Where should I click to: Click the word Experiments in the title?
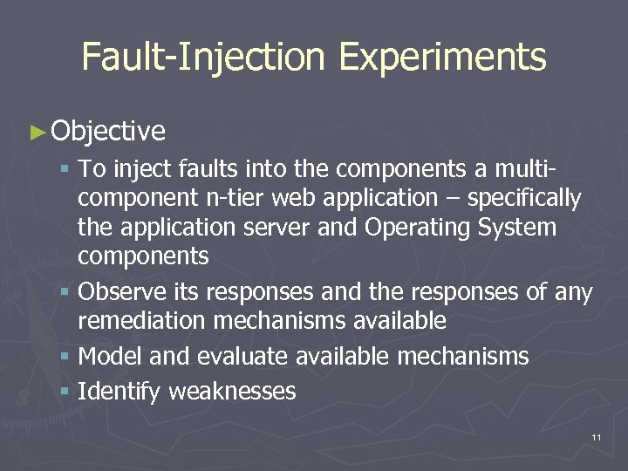(x=442, y=58)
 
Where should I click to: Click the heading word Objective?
(x=108, y=131)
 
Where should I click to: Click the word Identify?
(x=119, y=392)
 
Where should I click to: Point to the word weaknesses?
(x=232, y=392)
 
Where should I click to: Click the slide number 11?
(x=596, y=436)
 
